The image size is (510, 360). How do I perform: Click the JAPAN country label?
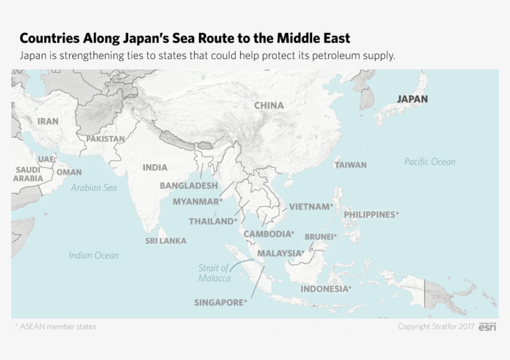[x=412, y=99]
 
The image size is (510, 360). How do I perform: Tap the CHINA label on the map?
[x=269, y=106]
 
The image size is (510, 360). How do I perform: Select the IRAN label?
[x=48, y=121]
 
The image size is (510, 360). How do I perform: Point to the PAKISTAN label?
[x=105, y=139]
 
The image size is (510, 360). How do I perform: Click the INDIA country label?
[x=155, y=167]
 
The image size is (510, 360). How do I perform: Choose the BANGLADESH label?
[x=188, y=185]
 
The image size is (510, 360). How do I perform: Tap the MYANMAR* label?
[x=197, y=201]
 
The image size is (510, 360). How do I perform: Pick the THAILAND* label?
[x=213, y=221]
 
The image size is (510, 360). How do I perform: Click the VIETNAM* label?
[x=311, y=206]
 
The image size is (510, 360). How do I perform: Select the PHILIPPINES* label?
[x=371, y=215]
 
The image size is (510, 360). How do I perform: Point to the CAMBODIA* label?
[x=269, y=234]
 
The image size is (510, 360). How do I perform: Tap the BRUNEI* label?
[x=320, y=237]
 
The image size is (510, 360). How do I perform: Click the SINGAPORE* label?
[x=221, y=303]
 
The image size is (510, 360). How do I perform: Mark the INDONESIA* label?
[x=326, y=289]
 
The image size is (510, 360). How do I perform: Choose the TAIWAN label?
[x=351, y=165]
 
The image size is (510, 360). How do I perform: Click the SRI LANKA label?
[x=165, y=241]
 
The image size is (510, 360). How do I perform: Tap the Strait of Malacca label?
[x=214, y=273]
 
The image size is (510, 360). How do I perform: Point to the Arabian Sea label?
[x=93, y=187]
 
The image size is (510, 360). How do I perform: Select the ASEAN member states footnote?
[x=55, y=326]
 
